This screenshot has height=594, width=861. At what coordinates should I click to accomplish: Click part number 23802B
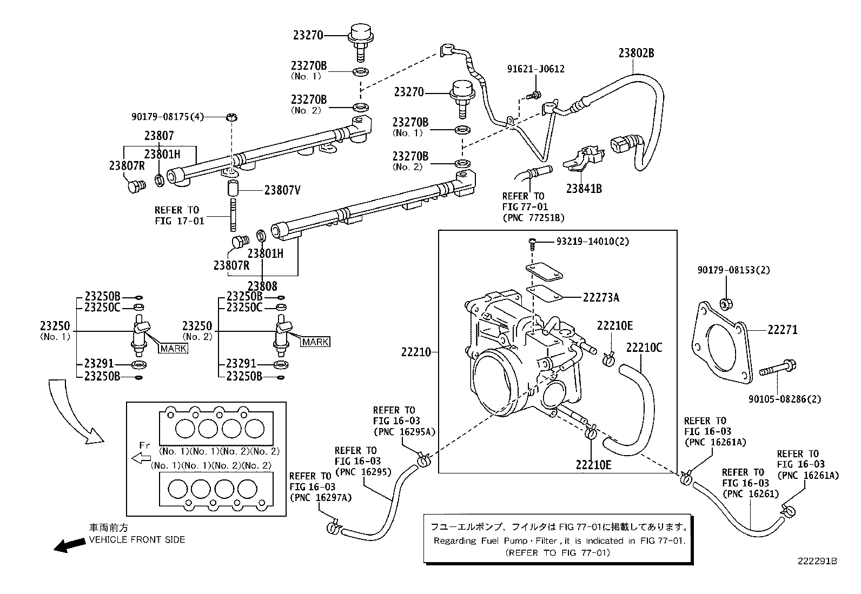point(636,53)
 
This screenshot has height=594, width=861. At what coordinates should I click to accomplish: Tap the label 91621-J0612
point(536,69)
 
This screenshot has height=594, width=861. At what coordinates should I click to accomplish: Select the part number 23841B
point(584,189)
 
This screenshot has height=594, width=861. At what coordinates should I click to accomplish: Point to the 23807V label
point(282,190)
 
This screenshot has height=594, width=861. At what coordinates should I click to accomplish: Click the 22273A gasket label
point(601,297)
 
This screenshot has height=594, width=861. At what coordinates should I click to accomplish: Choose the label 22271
point(783,330)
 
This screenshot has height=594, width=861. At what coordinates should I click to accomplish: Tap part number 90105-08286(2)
point(785,399)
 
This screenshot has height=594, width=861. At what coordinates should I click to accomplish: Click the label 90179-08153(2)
point(734,270)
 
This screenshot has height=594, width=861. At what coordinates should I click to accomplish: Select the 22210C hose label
point(644,348)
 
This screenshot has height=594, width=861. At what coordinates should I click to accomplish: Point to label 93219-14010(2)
point(593,241)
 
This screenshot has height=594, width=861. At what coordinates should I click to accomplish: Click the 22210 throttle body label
point(416,352)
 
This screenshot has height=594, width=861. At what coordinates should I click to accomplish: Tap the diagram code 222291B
point(817,561)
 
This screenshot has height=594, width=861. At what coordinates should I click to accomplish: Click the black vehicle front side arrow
point(70,545)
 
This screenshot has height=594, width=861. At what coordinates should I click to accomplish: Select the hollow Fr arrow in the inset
point(141,458)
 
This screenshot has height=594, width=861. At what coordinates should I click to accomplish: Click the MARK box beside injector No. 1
point(174,349)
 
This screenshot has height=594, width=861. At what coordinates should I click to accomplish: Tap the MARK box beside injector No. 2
point(315,342)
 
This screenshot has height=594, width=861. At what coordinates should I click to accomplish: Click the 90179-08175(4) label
point(168,116)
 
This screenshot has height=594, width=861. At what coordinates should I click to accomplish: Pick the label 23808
point(262,286)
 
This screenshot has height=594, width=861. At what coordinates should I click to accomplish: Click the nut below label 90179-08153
point(726,304)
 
